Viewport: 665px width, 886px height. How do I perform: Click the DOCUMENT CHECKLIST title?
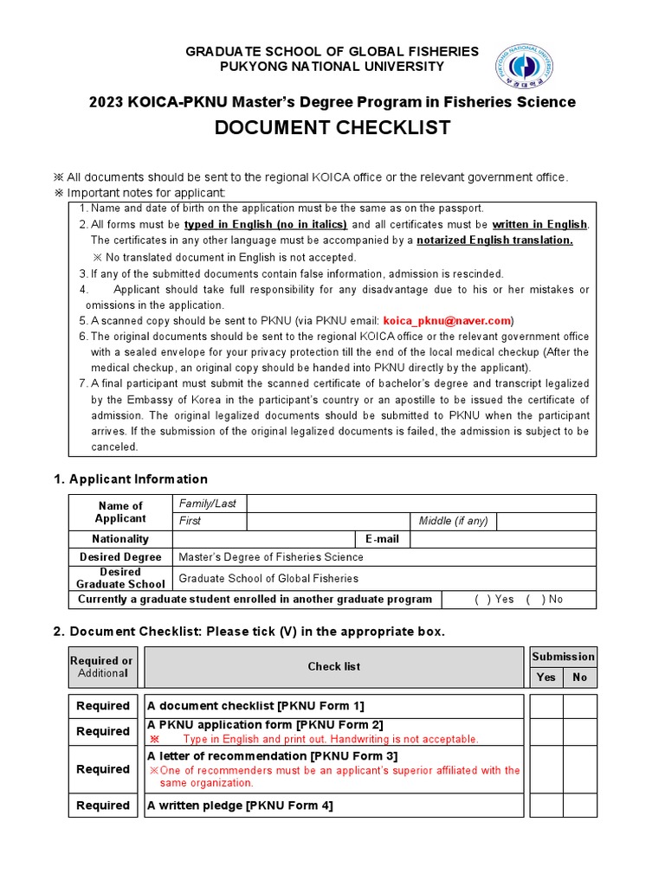coord(332,128)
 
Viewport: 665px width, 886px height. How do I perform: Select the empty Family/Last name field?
coord(421,503)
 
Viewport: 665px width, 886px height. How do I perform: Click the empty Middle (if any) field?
coord(546,521)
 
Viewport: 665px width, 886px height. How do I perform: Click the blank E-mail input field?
coord(502,539)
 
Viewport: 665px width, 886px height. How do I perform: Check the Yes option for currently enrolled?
coord(479,599)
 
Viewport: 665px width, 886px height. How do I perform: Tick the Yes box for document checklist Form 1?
coord(546,706)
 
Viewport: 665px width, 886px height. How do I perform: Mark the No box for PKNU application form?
coord(580,731)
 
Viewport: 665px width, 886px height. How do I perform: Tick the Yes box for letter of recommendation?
coord(546,769)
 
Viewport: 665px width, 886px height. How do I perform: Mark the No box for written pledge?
coord(580,806)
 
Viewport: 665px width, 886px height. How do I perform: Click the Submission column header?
coord(563,657)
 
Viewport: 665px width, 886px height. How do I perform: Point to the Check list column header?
coord(333,666)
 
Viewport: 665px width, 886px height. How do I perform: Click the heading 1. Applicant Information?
coord(131,478)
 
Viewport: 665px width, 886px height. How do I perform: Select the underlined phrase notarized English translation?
coord(494,241)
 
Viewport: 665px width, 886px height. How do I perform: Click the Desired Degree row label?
coord(120,557)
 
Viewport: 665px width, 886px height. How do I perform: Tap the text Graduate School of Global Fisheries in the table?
coord(268,578)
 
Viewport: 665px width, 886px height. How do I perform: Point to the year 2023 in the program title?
coord(107,102)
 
